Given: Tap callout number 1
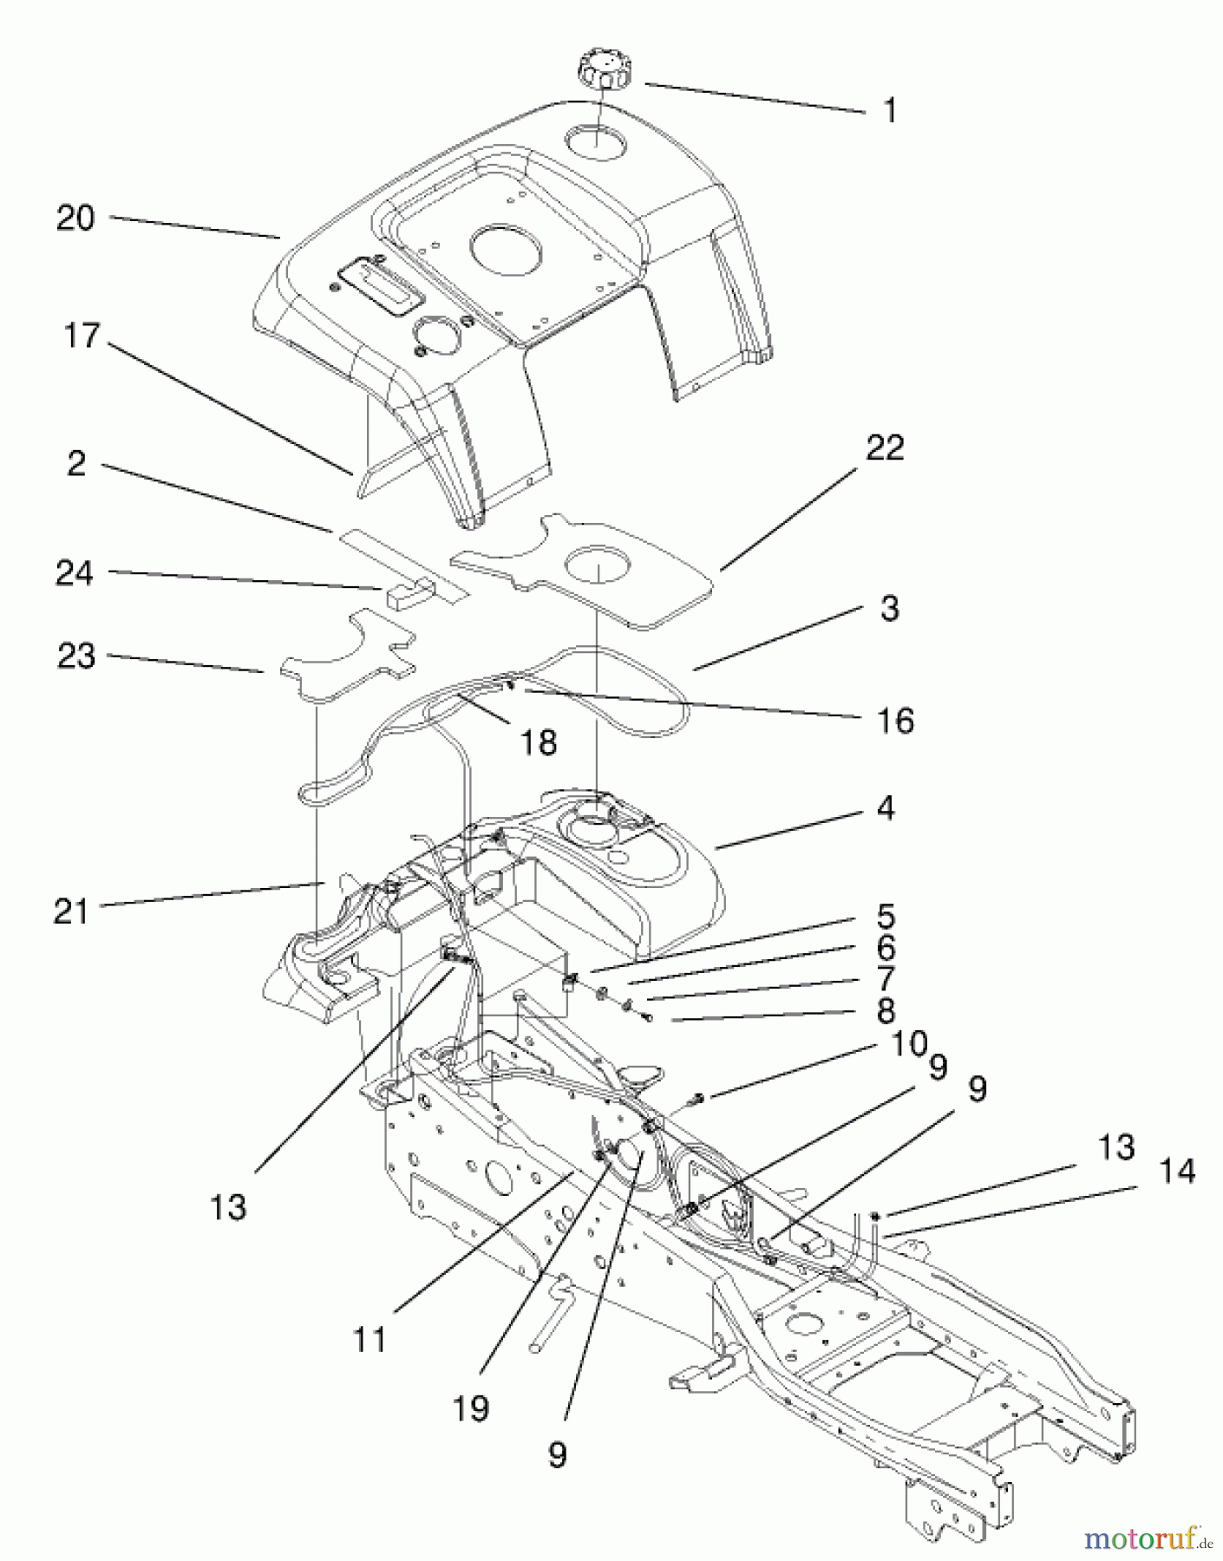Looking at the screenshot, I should coord(889,111).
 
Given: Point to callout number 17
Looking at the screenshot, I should coord(82,336).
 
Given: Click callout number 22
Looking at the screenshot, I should coord(884,447).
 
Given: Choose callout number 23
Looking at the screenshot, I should coord(75,656).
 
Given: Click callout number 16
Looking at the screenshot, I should coord(896,720).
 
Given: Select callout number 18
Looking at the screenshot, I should coord(539,742).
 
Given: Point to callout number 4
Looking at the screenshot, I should coord(885,808).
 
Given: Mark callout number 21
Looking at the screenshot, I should coord(71,911).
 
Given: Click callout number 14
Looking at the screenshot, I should coord(1175,1172).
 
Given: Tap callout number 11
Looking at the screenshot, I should coord(370,1340).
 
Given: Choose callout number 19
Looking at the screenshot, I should coord(471,1409).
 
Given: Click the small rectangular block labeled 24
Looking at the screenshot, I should coord(406,596).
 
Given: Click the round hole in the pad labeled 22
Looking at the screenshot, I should coord(598,567).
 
